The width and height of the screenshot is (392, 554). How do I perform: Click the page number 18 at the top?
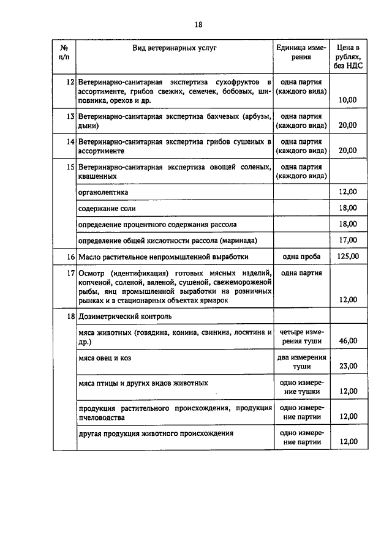(198, 24)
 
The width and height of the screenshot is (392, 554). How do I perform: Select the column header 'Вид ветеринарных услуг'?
(175, 47)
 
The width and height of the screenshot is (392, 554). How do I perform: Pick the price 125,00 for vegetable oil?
(347, 256)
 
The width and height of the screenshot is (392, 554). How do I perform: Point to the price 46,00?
(347, 341)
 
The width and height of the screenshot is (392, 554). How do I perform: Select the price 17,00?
(347, 240)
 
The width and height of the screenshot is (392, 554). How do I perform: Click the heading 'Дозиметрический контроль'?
(126, 316)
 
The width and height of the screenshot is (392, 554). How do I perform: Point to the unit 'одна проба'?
(301, 256)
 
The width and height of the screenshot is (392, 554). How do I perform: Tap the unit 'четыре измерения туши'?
(301, 336)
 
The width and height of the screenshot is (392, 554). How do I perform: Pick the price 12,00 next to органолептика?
(347, 192)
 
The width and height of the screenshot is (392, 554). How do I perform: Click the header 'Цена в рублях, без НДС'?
(347, 56)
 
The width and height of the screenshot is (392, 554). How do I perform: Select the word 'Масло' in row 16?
(91, 256)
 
